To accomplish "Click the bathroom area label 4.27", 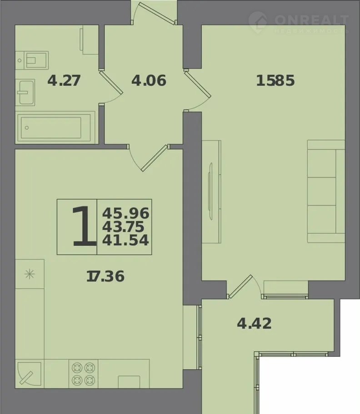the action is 64,81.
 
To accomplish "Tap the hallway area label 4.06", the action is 149,81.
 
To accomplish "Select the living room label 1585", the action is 275,81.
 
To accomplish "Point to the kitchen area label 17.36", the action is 105,277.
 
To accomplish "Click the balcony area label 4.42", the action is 254,323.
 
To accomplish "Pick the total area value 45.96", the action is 126,213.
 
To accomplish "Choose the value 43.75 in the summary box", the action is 123,227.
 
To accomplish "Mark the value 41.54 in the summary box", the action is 125,240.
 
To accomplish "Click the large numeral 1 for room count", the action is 84,227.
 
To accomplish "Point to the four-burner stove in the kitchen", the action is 83,374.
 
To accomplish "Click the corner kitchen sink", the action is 29,374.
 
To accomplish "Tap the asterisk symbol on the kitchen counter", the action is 29,274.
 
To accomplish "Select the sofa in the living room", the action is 326,191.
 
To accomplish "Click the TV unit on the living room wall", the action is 211,192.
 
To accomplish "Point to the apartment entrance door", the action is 154,14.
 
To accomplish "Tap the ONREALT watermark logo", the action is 299,22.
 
